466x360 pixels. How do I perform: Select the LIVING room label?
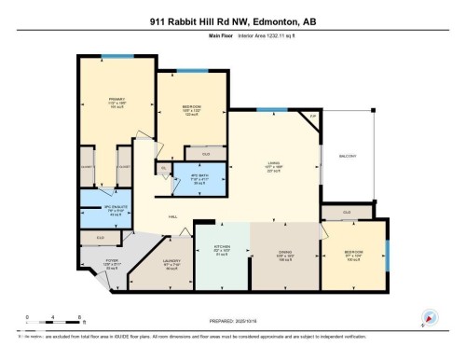pos(274,166)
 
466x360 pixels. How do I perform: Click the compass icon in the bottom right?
pos(430,317)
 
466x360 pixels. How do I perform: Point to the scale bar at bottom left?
pos(54,319)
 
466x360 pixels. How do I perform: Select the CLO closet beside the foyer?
pos(100,238)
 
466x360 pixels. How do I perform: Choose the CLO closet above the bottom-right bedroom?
pos(346,213)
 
